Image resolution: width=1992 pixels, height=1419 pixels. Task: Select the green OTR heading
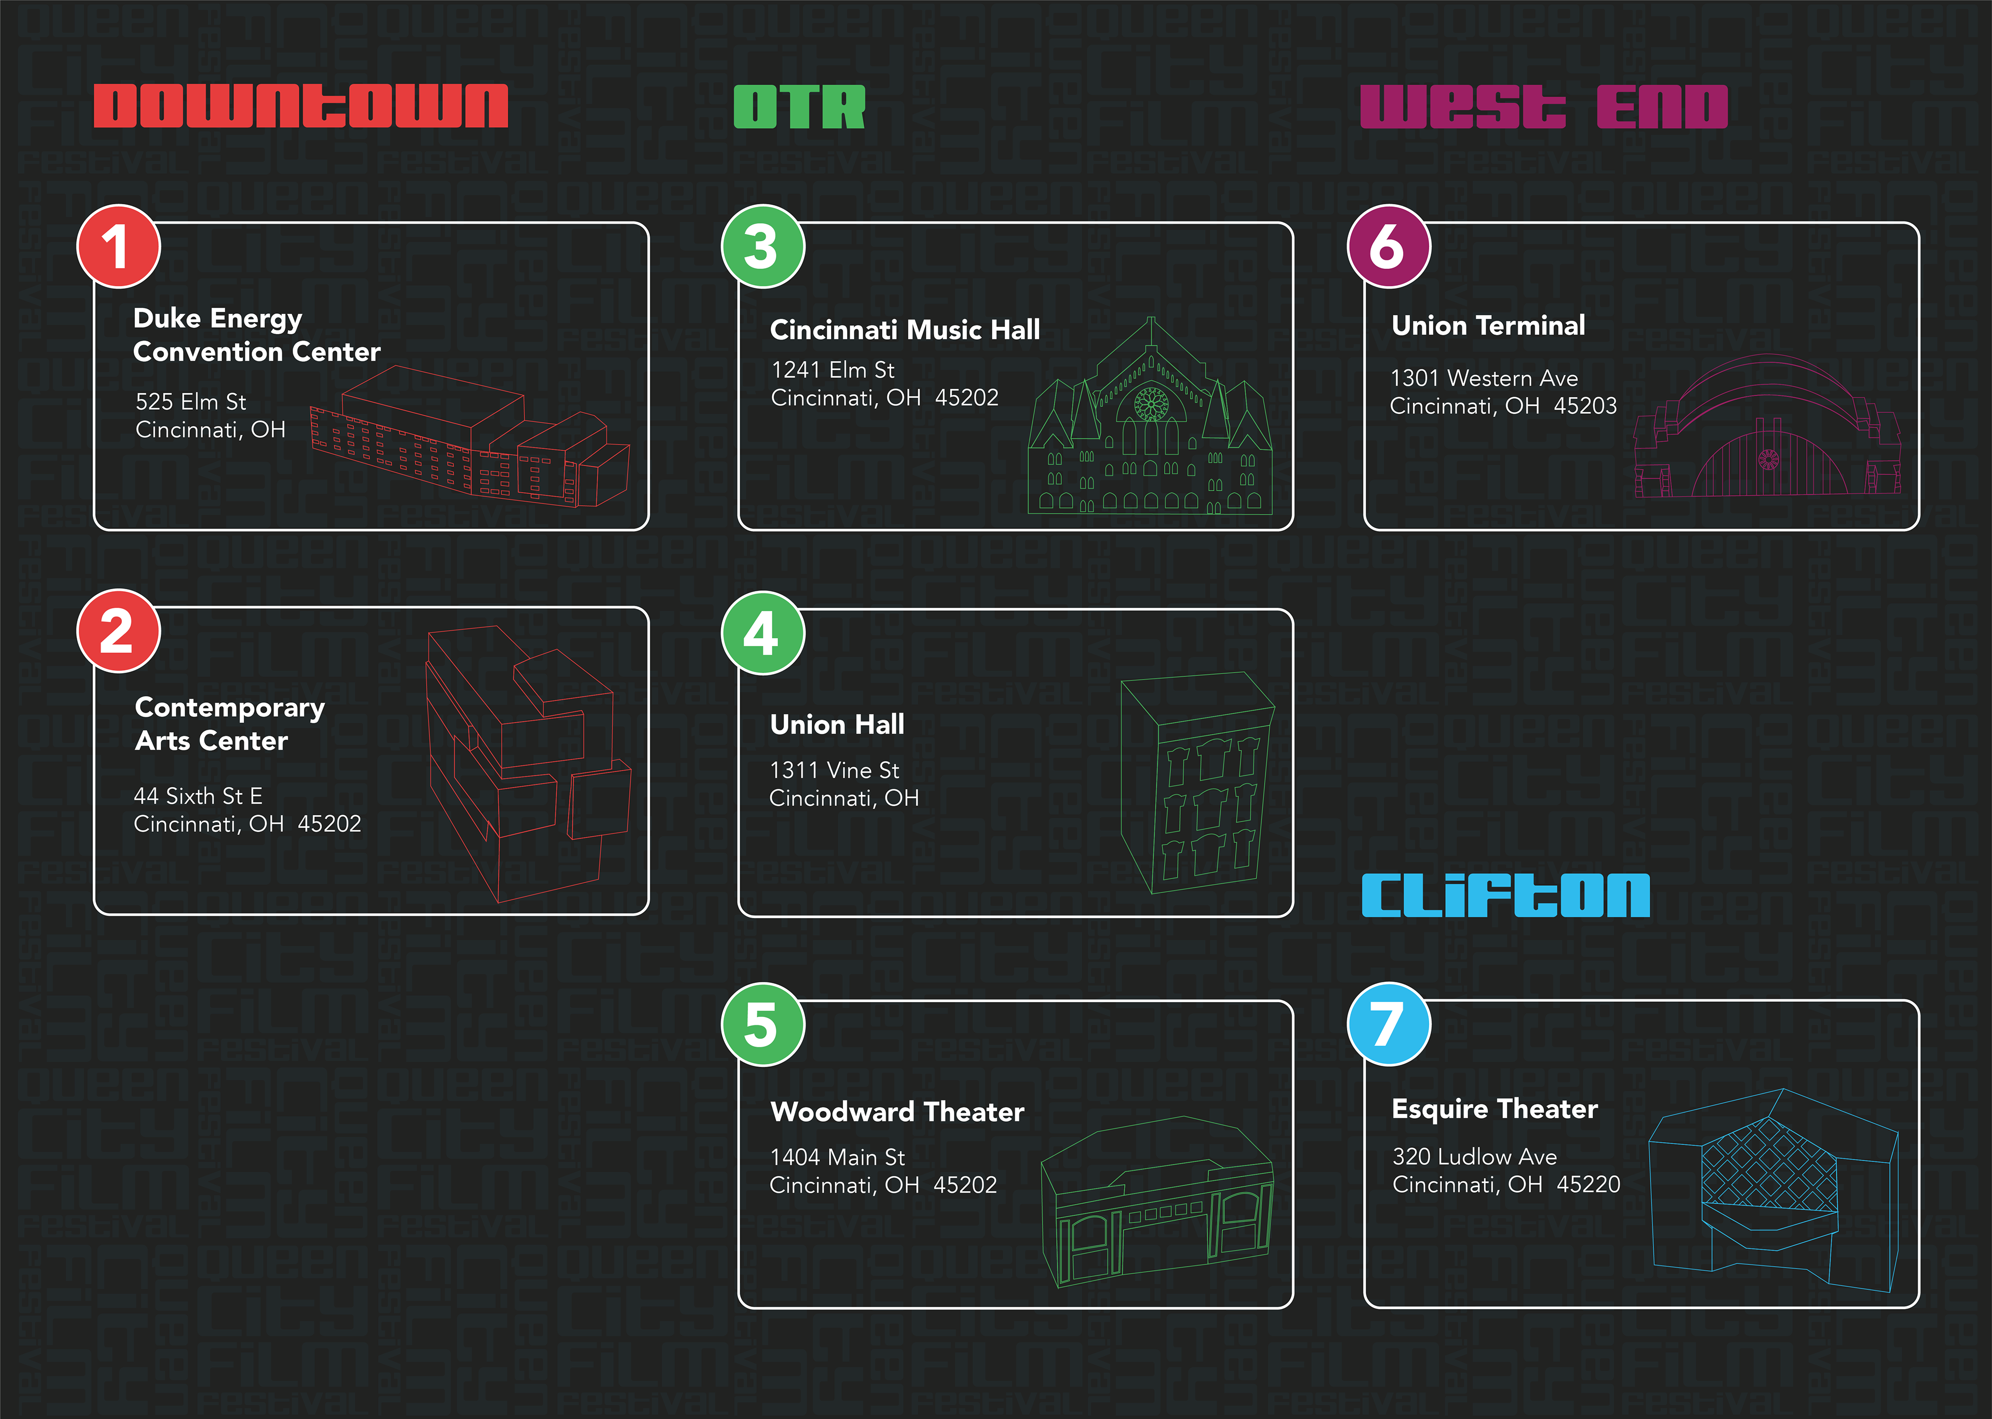[798, 107]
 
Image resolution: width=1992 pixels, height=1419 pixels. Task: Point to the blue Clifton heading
[1505, 896]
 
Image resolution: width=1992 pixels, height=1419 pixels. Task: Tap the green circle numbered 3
[762, 246]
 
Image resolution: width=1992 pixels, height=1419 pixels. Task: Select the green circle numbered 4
[762, 633]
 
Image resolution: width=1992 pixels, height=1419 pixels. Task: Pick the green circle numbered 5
[762, 1024]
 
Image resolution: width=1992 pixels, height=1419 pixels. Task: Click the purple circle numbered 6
[1388, 246]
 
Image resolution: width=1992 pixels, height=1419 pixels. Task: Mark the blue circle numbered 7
[1388, 1024]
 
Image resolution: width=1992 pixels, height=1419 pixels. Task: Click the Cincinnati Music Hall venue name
[904, 329]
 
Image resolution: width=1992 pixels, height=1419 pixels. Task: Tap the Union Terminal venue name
[1488, 325]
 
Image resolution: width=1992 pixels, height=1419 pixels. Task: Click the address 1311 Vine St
[834, 770]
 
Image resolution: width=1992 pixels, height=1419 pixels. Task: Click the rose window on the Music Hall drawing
[1151, 405]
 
